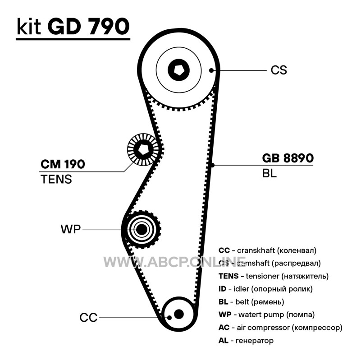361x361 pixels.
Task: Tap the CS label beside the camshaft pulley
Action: coord(279,70)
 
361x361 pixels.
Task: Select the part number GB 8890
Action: coord(288,158)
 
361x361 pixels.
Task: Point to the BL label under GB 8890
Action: coord(269,173)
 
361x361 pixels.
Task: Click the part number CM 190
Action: coord(63,164)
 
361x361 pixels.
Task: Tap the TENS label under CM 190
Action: coord(56,179)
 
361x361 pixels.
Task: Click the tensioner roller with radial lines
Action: coord(142,149)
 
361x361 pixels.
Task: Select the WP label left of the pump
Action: coord(70,229)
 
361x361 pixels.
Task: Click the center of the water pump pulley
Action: coord(142,229)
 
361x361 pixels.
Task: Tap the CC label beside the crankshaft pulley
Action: coord(88,318)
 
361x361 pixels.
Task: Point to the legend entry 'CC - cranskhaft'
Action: coord(267,250)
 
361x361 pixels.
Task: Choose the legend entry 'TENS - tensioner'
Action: coord(273,276)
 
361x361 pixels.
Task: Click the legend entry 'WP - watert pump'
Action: coord(266,315)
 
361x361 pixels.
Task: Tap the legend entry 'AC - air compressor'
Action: coord(280,328)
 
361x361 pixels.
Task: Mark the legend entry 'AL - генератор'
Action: coord(246,341)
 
